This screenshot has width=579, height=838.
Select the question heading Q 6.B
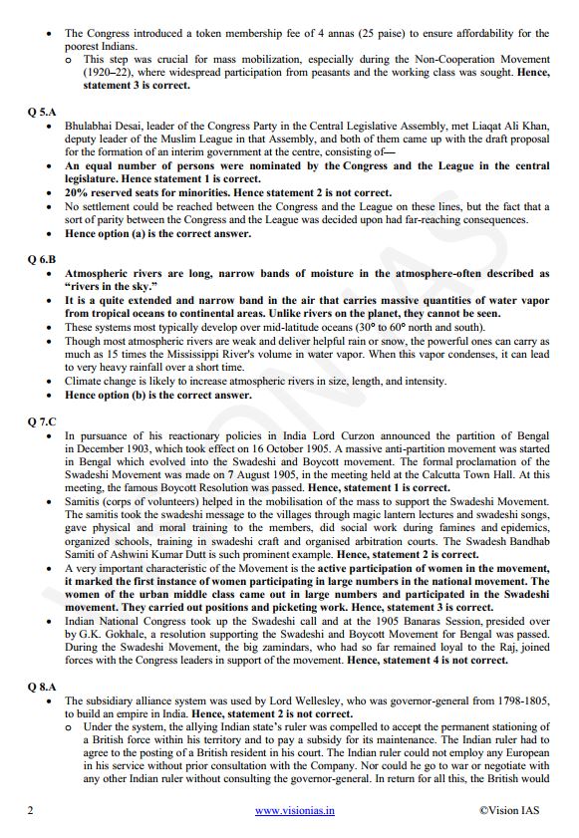click(x=42, y=257)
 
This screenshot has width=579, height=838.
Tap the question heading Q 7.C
click(x=42, y=420)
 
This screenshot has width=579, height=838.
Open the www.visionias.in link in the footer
click(x=295, y=811)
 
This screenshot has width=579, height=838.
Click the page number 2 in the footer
click(x=30, y=811)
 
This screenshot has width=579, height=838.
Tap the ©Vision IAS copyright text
click(x=509, y=811)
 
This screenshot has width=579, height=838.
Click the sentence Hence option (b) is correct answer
click(x=158, y=395)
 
